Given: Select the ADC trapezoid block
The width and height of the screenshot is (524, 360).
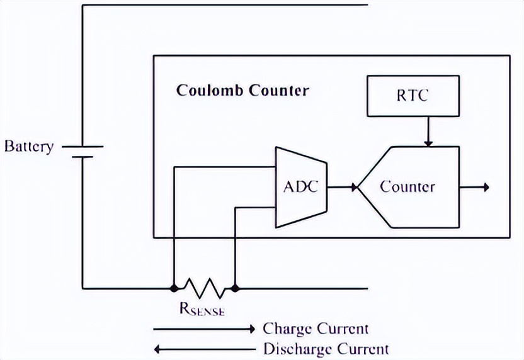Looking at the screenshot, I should (302, 187).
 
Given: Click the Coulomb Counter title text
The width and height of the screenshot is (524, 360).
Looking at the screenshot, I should (242, 91).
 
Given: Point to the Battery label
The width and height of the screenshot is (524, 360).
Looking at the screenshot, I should (29, 147).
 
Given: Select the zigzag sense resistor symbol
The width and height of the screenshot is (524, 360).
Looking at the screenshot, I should (203, 289).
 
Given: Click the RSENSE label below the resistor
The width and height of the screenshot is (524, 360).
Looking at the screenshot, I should (202, 310).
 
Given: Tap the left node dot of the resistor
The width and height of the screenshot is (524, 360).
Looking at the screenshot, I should (173, 289).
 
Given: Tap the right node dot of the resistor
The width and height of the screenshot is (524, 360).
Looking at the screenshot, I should (234, 289).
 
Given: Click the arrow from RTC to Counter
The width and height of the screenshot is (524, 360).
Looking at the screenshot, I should (427, 132).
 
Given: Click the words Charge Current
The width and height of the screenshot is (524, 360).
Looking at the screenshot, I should (315, 329).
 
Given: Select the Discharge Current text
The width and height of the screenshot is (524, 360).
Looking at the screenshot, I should (325, 349).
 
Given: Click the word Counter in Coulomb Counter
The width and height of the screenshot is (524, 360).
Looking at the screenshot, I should (279, 91).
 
